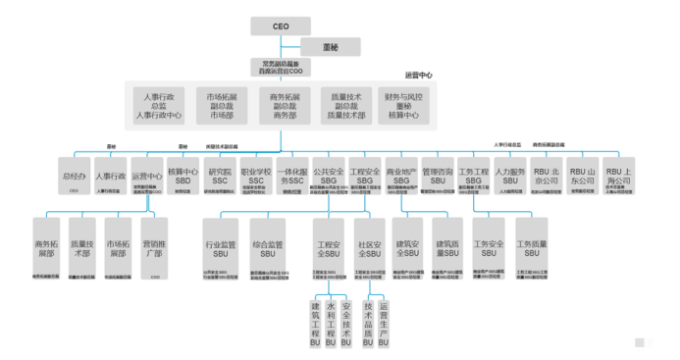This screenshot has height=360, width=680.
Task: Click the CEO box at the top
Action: click(279, 26)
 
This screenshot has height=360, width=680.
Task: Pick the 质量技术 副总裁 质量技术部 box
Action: click(346, 106)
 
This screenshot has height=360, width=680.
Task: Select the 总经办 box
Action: click(76, 177)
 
